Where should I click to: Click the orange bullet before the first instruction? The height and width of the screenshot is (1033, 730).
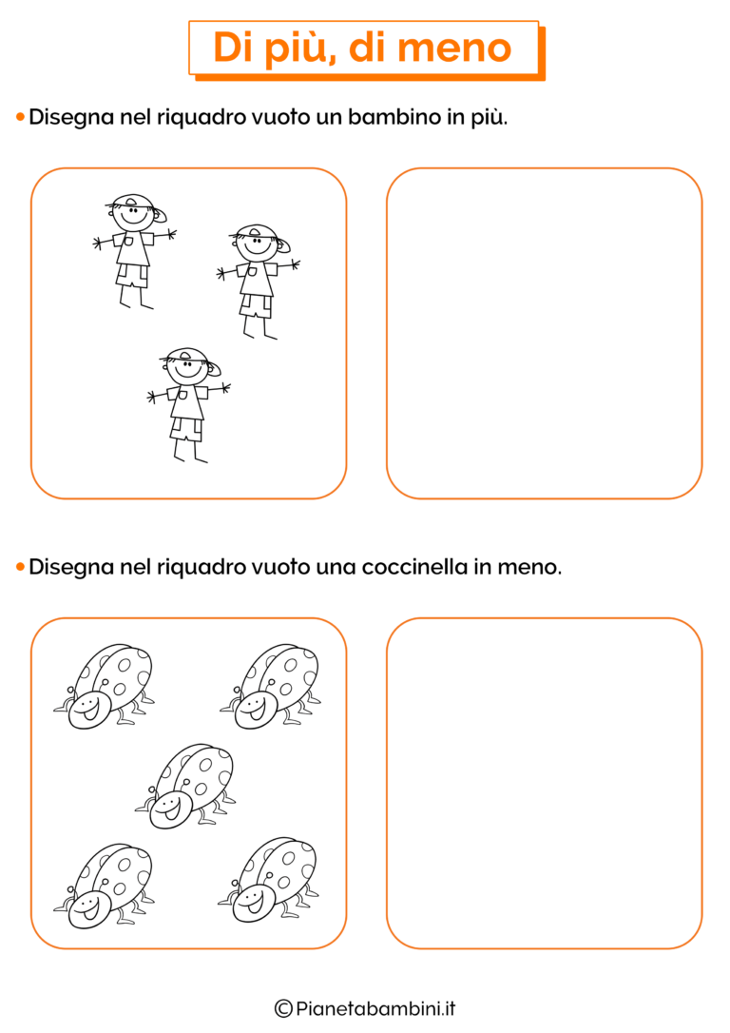click(20, 117)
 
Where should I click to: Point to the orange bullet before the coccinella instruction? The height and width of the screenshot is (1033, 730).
click(20, 567)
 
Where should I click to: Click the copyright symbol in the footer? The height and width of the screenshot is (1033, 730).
click(283, 1008)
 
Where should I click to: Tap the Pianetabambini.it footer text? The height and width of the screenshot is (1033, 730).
click(375, 1008)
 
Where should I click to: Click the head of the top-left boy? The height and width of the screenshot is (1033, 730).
click(135, 212)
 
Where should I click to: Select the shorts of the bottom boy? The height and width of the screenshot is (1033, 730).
click(187, 429)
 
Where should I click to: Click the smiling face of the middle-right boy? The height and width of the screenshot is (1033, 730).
click(257, 247)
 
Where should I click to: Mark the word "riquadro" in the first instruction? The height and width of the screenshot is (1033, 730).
click(201, 117)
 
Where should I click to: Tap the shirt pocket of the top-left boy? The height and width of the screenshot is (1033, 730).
click(127, 242)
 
